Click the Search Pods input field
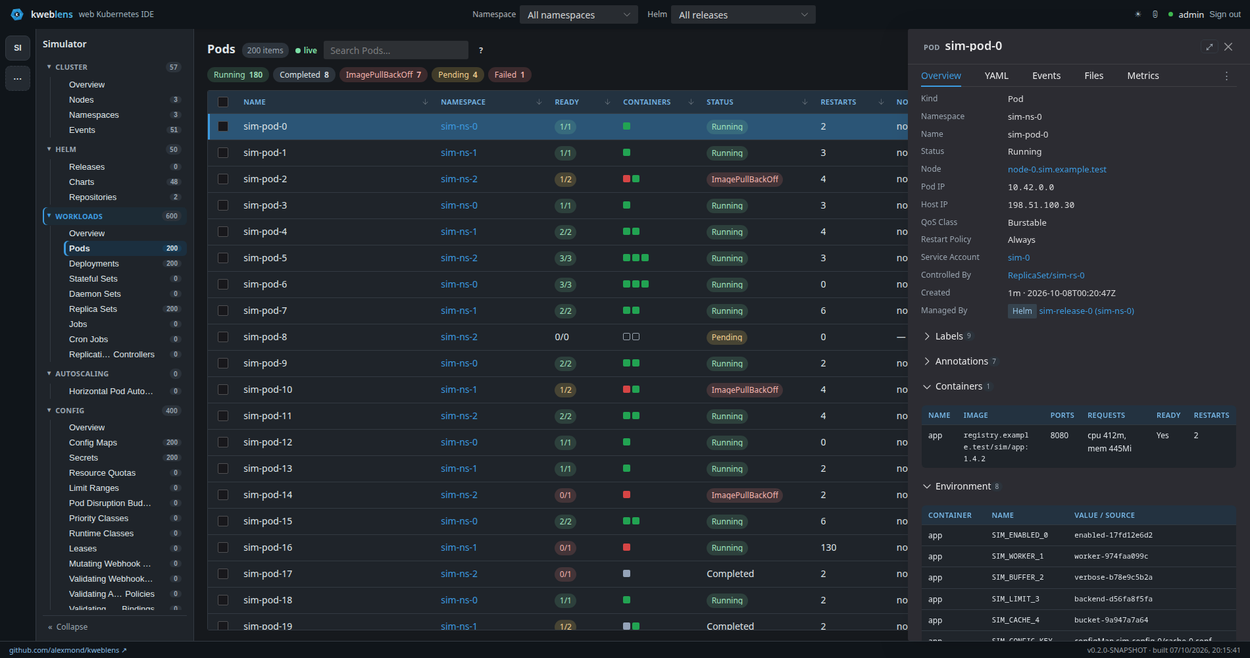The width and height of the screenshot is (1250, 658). pos(395,50)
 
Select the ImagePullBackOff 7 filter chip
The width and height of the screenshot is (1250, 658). pos(384,75)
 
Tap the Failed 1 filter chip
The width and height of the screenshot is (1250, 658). pos(510,75)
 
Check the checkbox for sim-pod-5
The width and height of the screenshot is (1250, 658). pos(223,258)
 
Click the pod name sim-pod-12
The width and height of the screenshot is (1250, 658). pos(268,442)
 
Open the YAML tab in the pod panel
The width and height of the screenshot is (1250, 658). pos(997,76)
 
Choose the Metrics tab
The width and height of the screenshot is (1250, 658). pos(1143,76)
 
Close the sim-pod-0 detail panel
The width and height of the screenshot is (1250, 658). pos(1228,47)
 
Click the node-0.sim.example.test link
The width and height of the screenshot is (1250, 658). pos(1057,169)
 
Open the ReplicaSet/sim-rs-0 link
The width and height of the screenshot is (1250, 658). pos(1046,275)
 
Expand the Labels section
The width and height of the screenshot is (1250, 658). pos(947,336)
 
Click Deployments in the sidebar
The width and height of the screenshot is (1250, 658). pos(94,263)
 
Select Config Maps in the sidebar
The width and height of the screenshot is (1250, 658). pos(93,442)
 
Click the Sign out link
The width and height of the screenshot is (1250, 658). pos(1225,14)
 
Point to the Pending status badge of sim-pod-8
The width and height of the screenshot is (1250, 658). pos(727,337)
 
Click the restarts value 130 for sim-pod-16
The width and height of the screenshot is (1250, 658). pos(828,547)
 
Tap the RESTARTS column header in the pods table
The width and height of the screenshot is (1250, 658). pos(838,102)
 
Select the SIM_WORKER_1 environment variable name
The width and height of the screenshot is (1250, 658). pos(1017,556)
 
